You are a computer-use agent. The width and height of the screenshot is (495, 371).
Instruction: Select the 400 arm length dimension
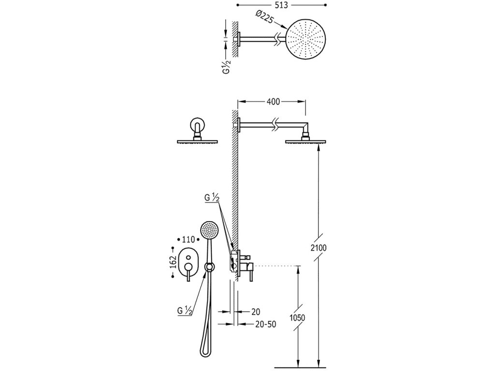[272, 101]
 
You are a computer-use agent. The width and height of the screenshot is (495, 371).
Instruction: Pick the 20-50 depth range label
[265, 325]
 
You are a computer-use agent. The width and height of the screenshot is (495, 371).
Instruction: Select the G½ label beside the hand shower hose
[185, 311]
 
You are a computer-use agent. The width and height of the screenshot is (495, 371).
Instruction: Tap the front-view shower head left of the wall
[198, 141]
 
